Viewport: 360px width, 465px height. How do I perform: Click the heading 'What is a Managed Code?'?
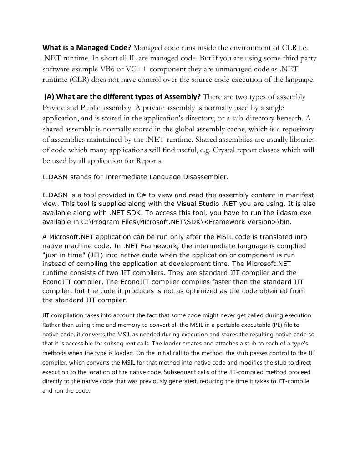[87, 48]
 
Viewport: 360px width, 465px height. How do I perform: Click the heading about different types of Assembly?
[122, 97]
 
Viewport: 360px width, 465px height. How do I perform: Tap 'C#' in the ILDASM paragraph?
[143, 195]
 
